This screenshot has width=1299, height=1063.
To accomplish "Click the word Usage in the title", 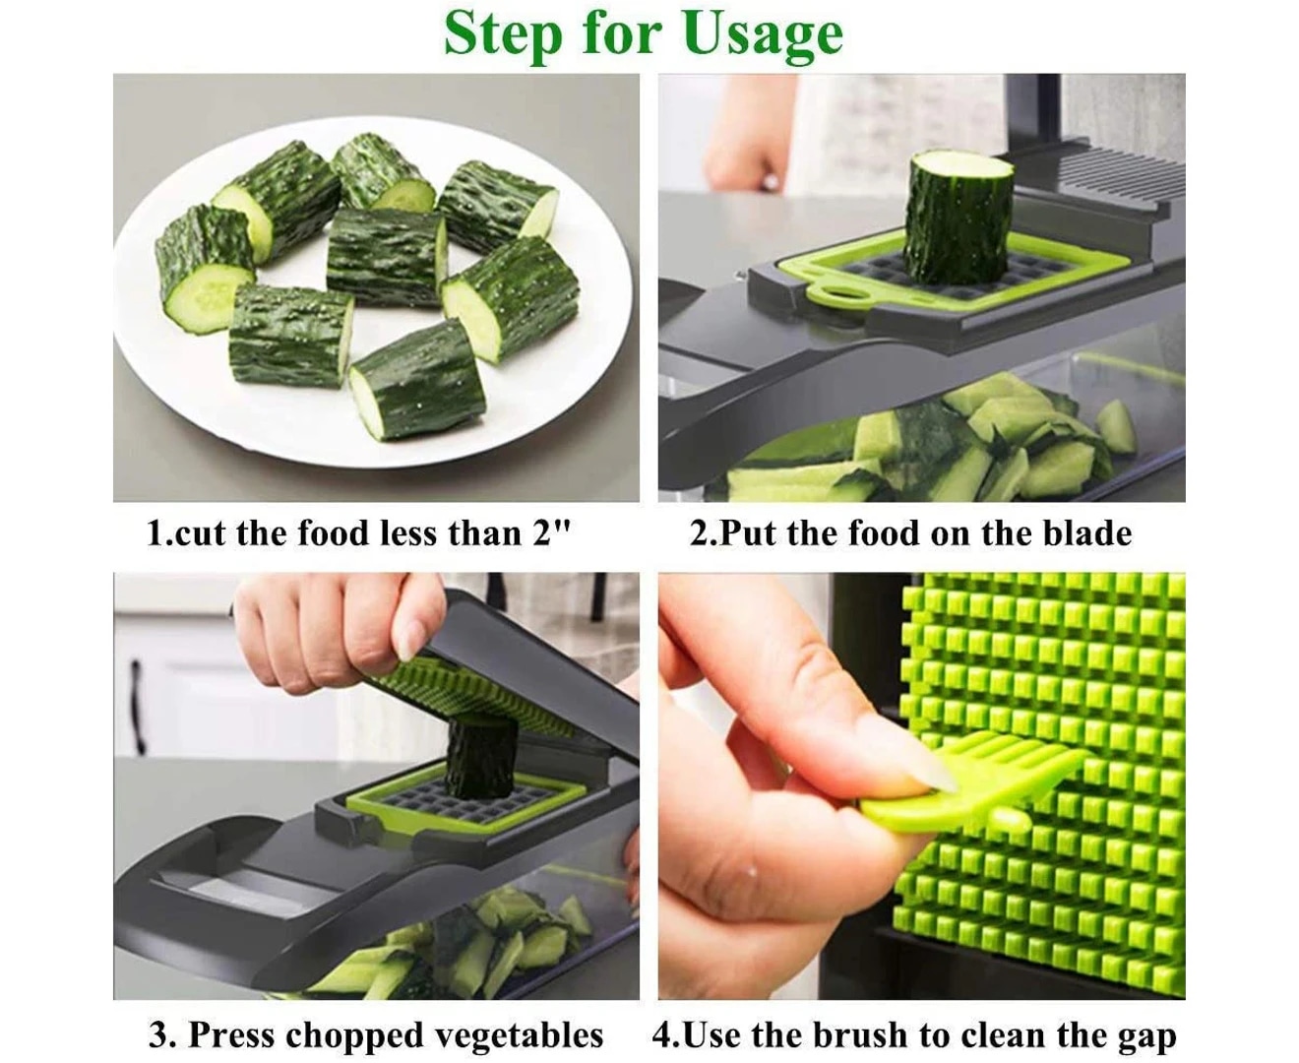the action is coord(763,35).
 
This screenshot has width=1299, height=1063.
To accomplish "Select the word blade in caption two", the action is coord(1086,533).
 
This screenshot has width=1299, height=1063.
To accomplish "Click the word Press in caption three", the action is coord(232,1034).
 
